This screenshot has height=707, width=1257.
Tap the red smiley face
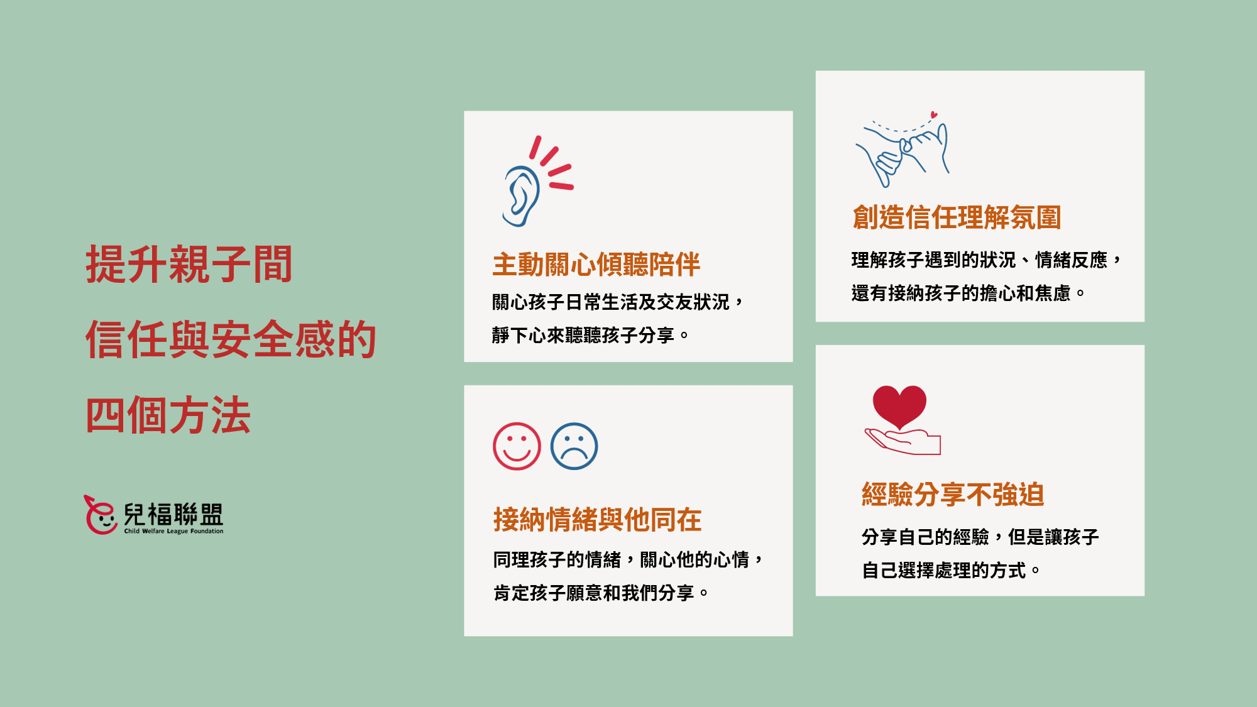517,446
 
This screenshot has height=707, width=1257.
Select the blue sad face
574,446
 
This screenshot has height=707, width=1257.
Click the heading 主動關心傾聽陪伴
596,265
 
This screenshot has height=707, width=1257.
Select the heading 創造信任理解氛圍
957,217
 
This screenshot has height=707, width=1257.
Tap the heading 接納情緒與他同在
597,520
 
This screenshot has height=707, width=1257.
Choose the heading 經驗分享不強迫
953,495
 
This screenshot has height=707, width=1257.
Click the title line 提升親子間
189,265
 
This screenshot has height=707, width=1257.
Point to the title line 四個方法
168,415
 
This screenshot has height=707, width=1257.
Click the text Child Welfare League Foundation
173,531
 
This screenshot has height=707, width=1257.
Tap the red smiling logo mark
101,515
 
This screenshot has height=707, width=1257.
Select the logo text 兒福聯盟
173,514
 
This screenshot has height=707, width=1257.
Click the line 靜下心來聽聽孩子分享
590,336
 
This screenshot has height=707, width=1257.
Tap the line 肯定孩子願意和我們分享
601,593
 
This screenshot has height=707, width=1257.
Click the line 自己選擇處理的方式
950,571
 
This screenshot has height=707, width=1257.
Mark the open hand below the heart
903,442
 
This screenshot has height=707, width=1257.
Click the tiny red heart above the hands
934,115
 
